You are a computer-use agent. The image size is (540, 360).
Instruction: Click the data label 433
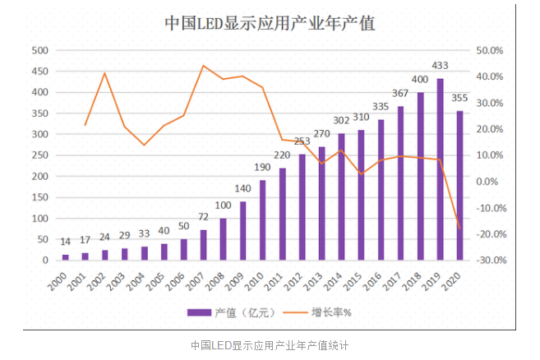(x=440, y=65)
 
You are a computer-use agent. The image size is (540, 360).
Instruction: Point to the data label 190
(x=262, y=168)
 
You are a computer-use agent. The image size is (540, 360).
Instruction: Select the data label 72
(x=203, y=218)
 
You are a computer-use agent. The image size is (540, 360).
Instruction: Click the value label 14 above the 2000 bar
(x=66, y=242)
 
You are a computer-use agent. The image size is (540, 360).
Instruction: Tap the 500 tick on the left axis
(x=38, y=50)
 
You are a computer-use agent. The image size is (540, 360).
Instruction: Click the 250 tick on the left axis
(x=38, y=155)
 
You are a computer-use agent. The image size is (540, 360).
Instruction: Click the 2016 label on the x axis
(x=376, y=281)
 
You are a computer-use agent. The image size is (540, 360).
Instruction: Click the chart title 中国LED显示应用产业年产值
(x=270, y=24)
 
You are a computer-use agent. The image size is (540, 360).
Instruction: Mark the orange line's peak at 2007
(x=203, y=66)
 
